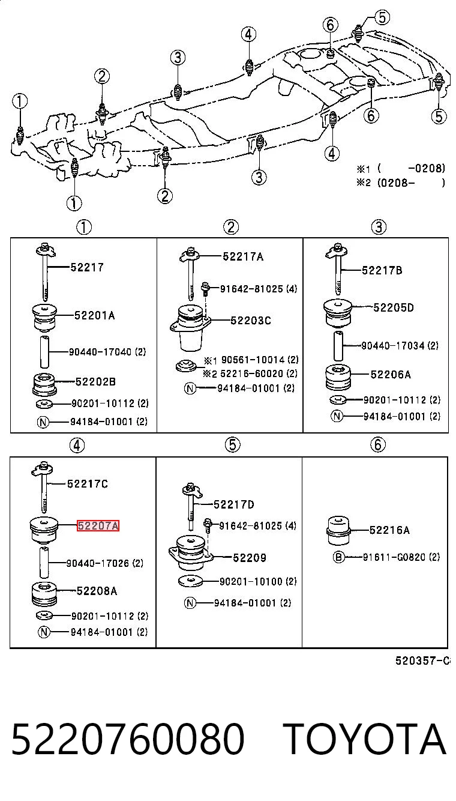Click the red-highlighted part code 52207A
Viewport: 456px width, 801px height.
tap(98, 525)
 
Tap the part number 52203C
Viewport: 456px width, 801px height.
tap(251, 321)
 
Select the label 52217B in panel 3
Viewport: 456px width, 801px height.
tap(382, 270)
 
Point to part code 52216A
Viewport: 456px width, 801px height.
tap(389, 530)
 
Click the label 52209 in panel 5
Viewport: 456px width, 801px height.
tap(250, 558)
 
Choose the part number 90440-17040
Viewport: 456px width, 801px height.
tap(100, 352)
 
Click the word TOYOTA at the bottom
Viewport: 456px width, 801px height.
tap(365, 739)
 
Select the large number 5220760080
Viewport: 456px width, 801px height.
tap(128, 739)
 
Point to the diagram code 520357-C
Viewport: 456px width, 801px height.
tap(422, 661)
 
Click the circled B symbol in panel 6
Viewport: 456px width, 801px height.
tap(338, 557)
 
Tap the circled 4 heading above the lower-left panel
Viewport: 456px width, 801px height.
tap(77, 446)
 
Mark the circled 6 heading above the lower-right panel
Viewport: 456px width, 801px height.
tap(378, 445)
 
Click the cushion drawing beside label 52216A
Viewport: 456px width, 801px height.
tap(338, 531)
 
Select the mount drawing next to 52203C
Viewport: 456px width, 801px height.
tap(190, 328)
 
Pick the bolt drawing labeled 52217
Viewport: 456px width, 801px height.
tap(46, 271)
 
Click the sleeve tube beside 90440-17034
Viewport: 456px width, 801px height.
tap(338, 345)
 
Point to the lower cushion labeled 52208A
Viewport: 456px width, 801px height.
tap(44, 594)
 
